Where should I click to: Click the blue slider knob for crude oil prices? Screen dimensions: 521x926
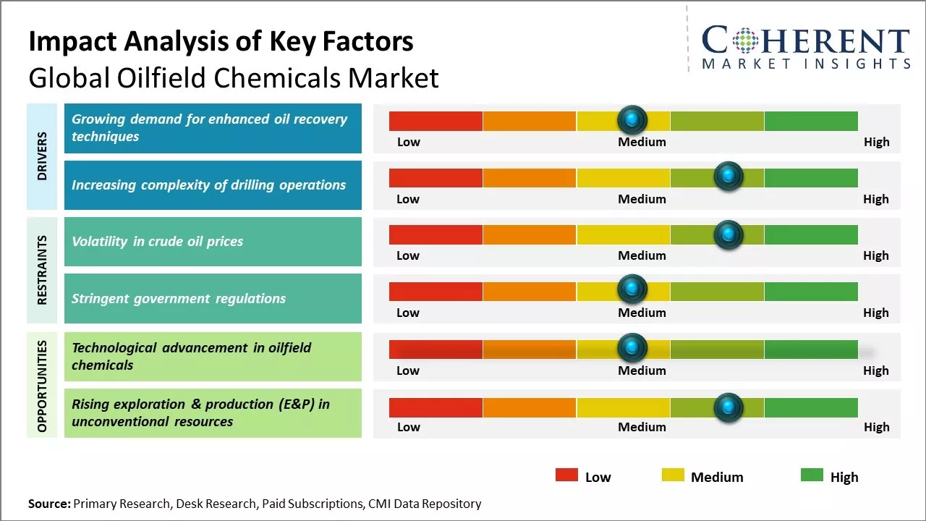point(728,234)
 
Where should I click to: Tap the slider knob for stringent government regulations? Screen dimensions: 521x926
point(632,289)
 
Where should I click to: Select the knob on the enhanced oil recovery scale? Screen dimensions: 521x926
point(632,119)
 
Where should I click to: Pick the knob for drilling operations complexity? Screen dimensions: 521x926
point(728,176)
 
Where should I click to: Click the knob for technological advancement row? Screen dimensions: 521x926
point(632,348)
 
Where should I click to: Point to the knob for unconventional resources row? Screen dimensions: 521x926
point(728,407)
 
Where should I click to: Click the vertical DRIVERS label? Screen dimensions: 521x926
point(42,156)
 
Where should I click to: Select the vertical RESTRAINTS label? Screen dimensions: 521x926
point(42,269)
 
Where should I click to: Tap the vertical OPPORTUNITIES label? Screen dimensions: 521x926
point(42,386)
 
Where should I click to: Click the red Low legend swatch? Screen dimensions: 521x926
point(566,475)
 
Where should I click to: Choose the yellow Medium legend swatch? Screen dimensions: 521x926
point(673,475)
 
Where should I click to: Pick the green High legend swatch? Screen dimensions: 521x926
point(812,475)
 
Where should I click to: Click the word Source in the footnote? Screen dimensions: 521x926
point(49,504)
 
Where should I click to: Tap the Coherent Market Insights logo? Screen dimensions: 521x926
point(805,47)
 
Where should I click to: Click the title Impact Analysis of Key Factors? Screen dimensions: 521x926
point(221,42)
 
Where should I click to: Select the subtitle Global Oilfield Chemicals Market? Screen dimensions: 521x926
point(233,77)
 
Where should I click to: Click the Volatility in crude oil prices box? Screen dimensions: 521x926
point(213,242)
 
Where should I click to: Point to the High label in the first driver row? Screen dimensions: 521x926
point(876,142)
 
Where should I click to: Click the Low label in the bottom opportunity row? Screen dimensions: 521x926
point(408,427)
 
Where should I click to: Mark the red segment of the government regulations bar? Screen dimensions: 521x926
point(436,292)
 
